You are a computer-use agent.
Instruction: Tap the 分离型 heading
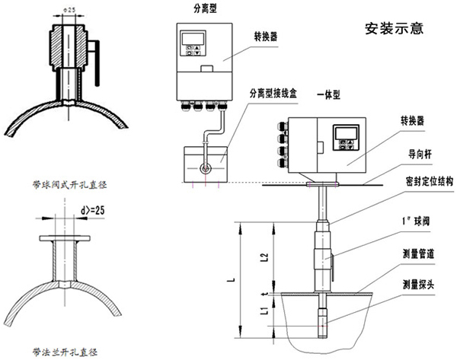coord(197,8)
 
